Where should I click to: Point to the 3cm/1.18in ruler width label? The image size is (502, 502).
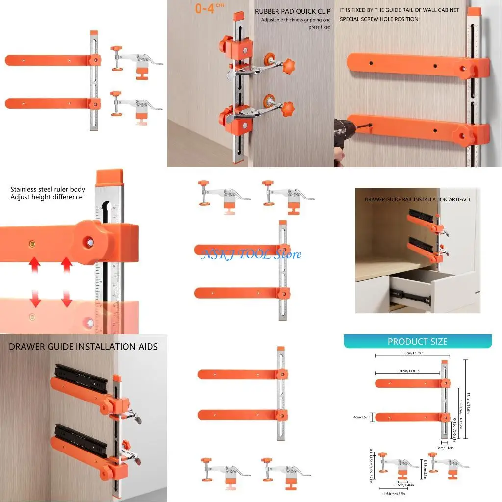tap(445, 447)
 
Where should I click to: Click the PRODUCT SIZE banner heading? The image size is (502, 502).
tap(417, 342)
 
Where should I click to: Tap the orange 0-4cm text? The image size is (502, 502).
tap(209, 8)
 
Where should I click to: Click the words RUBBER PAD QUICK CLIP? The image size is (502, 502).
tap(293, 11)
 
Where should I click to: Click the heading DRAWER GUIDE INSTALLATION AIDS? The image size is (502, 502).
tap(83, 347)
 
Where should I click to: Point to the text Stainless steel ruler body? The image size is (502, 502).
tap(48, 189)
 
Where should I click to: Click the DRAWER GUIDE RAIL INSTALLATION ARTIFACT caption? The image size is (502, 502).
tap(417, 200)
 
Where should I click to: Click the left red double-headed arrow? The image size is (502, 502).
tap(33, 279)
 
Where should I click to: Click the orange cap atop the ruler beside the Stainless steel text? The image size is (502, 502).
tap(109, 175)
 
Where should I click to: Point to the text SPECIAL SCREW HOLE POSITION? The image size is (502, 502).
tap(379, 19)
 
